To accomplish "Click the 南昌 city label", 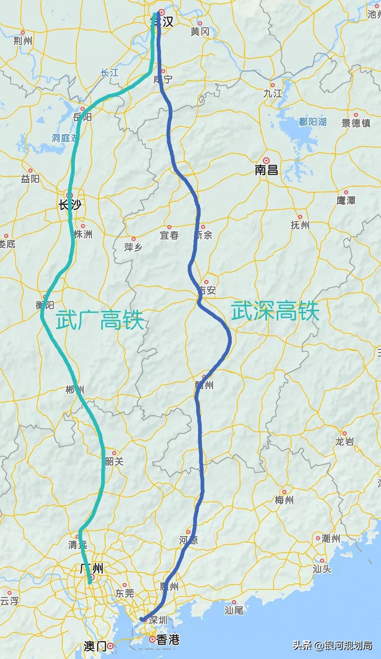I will [x=266, y=170].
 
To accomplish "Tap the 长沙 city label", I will [x=69, y=205].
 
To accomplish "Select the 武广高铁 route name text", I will [x=100, y=320].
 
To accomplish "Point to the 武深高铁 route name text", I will [x=275, y=311].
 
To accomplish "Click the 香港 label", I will [x=168, y=640].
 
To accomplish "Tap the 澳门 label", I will [x=95, y=646].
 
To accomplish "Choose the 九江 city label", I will [x=272, y=93].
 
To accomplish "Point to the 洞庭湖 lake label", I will [x=65, y=138].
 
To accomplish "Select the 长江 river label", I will [x=109, y=73].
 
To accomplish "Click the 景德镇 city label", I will [x=356, y=123].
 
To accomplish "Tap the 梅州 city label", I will [x=284, y=500].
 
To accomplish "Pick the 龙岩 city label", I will [x=344, y=442].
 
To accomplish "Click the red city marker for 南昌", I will [x=266, y=160].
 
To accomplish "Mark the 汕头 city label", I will [x=322, y=569].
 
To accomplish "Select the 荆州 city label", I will [x=23, y=41].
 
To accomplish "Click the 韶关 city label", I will [x=114, y=461].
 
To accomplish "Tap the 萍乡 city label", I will [x=133, y=247].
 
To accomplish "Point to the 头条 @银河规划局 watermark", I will [x=332, y=645].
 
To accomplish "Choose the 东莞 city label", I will [x=124, y=594].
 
